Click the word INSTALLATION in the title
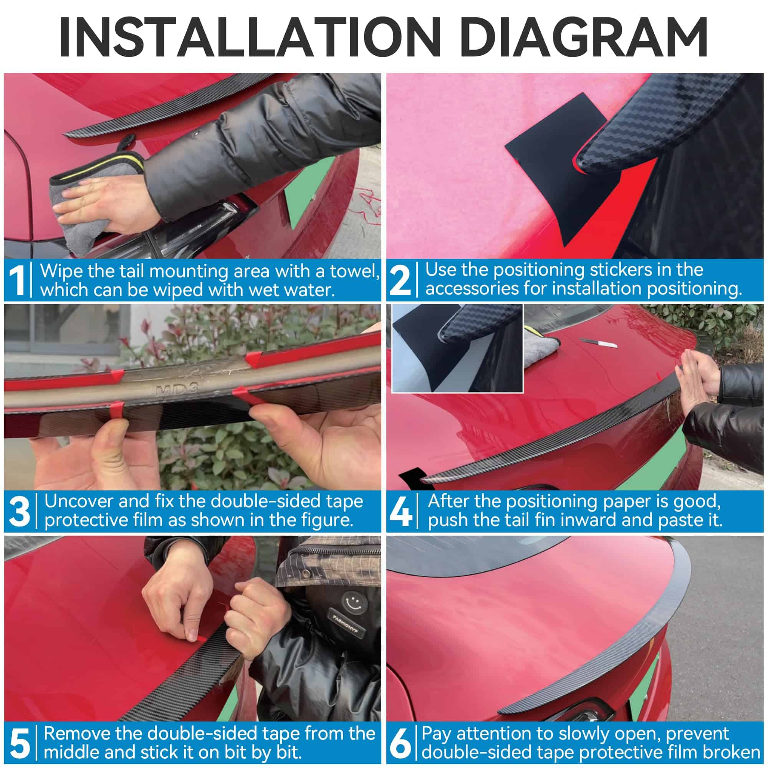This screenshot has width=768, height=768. [249, 36]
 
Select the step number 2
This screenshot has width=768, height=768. [400, 281]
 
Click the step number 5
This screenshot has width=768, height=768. [20, 743]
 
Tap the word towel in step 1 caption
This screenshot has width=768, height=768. [353, 271]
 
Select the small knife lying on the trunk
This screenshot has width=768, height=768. [598, 343]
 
